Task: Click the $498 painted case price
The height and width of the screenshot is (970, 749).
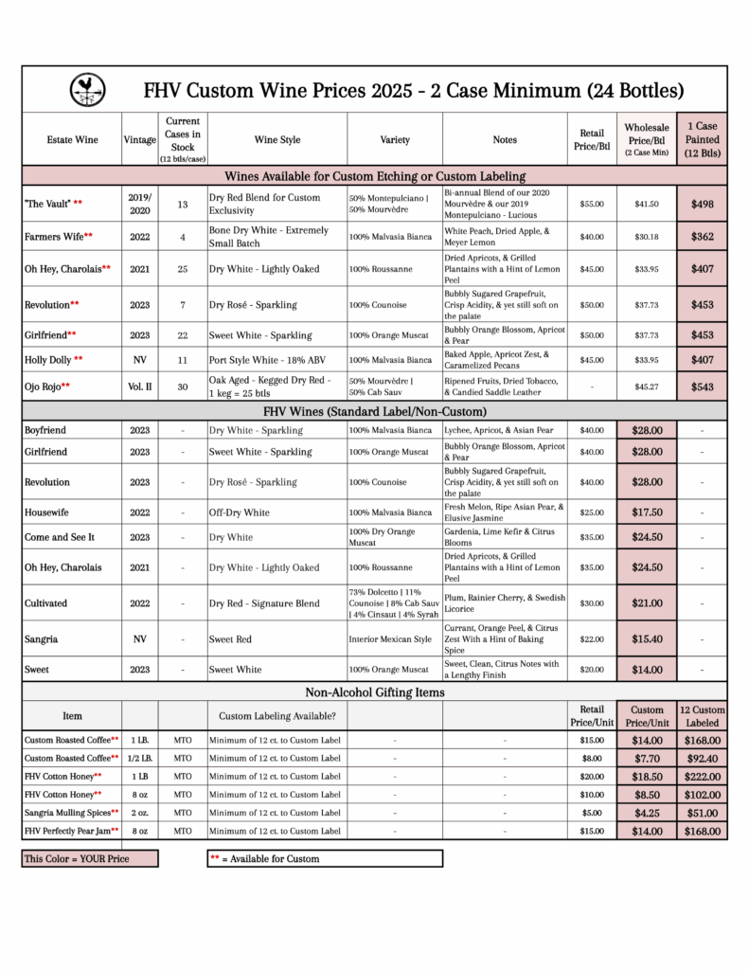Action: [702, 204]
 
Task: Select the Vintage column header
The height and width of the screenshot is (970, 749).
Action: [140, 140]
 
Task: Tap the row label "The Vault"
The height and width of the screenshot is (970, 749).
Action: [54, 204]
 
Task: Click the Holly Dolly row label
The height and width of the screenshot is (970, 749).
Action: [53, 360]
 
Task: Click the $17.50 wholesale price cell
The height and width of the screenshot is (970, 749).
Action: [647, 512]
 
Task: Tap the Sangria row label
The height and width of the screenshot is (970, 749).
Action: [42, 639]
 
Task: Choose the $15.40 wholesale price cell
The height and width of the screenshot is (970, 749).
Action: [647, 639]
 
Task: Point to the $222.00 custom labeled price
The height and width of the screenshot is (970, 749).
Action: [702, 776]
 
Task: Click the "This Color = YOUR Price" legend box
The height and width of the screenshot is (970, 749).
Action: [90, 858]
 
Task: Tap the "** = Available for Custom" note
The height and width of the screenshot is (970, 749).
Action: [324, 858]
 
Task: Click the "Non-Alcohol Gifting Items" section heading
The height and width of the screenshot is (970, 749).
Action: [374, 692]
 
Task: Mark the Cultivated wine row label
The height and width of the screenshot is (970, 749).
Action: [48, 602]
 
